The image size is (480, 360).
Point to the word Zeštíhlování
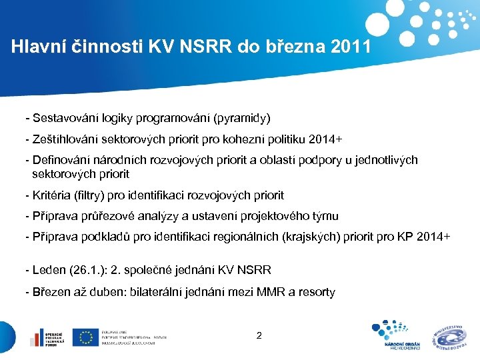63,139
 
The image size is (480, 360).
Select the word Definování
60,160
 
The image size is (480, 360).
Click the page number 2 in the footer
259,335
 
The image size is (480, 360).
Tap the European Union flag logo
85,337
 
